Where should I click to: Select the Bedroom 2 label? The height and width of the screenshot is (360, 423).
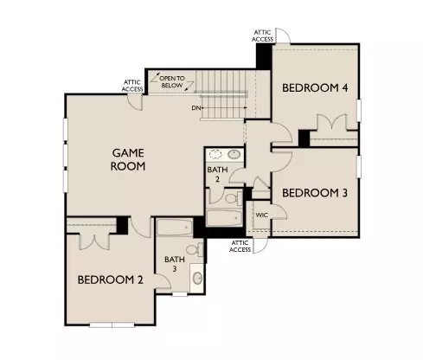point(109,280)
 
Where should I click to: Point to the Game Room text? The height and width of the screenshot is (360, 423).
point(128,159)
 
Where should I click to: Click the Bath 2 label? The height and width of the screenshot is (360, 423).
point(216,176)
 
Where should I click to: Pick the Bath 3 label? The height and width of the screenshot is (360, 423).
point(175,264)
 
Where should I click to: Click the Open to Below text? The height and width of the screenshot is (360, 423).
point(172,82)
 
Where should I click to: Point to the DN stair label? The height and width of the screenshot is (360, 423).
point(197,108)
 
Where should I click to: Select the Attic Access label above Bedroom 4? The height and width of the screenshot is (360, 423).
point(264,35)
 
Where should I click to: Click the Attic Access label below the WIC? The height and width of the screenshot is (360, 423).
point(240,246)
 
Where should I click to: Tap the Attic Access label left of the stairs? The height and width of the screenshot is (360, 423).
point(133,86)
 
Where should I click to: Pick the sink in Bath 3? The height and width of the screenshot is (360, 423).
point(196,279)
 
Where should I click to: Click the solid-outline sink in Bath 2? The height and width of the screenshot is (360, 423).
point(234,154)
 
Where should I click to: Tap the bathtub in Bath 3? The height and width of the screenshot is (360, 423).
point(173,229)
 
